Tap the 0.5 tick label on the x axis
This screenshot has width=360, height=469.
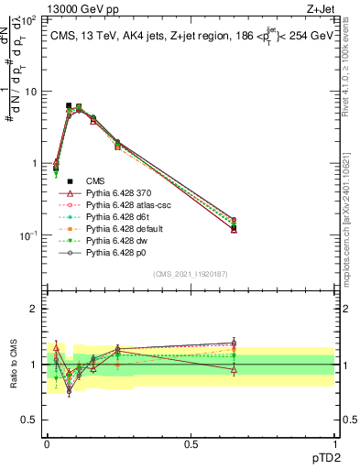pyautogui.click(x=191, y=443)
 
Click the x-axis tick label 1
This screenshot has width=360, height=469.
pyautogui.click(x=334, y=443)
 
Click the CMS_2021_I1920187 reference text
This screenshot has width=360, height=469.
pyautogui.click(x=191, y=275)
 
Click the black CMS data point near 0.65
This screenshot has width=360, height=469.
pyautogui.click(x=234, y=227)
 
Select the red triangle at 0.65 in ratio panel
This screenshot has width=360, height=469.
pyautogui.click(x=234, y=370)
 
